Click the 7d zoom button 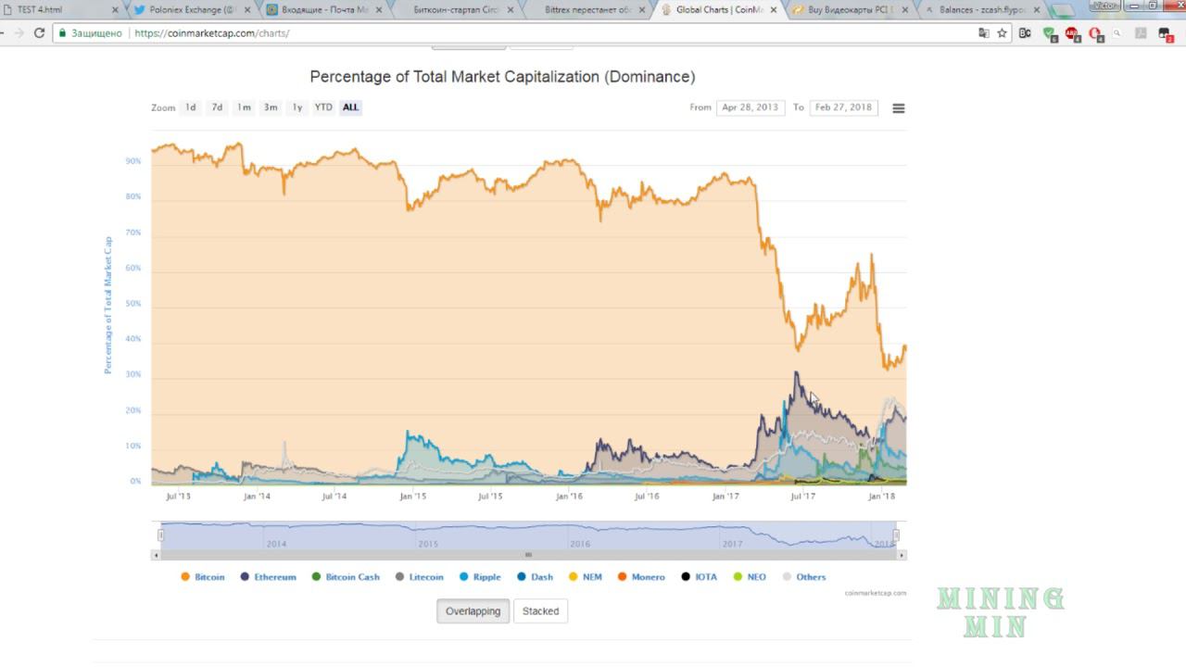pos(217,107)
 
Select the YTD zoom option pos(322,107)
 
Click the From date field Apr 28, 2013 pos(750,107)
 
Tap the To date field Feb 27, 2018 pos(843,107)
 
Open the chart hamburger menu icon pos(898,108)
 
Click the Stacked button pos(540,611)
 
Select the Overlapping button pos(473,611)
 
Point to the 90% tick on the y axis pos(133,161)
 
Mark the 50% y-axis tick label pos(133,304)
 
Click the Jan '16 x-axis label pos(569,497)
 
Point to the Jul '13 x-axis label pos(178,497)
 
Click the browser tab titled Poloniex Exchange pos(189,10)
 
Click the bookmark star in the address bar pos(1002,32)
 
